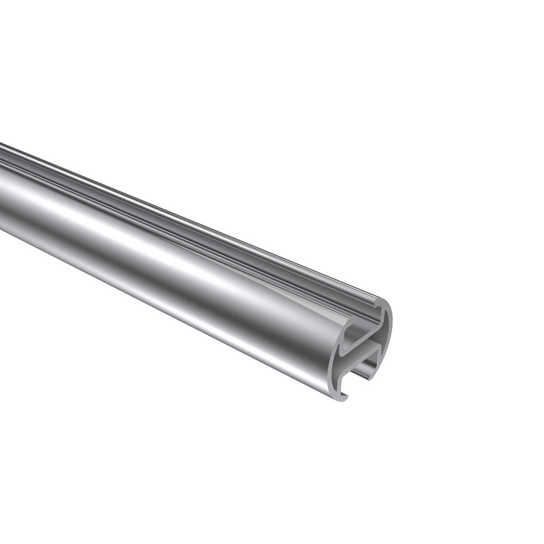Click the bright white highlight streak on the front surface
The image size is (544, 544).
[181, 254]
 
